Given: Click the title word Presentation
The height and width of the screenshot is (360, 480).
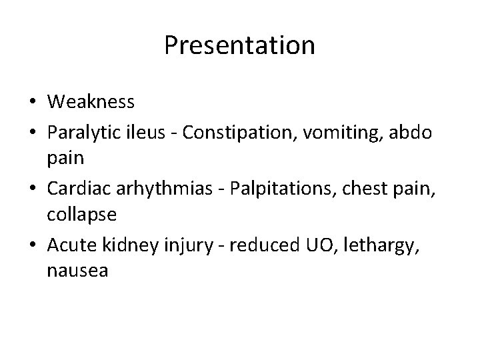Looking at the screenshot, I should (239, 46).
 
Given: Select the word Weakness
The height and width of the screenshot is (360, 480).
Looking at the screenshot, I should (91, 102).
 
